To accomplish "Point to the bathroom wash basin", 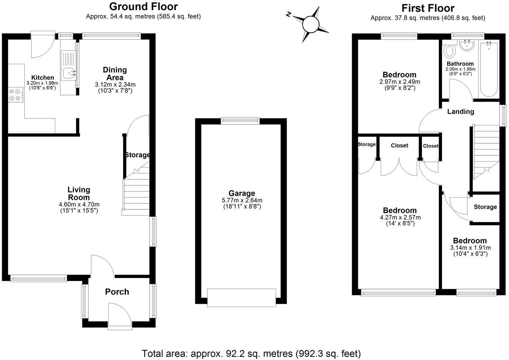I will coord(466,46).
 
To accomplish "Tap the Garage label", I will coord(242,193).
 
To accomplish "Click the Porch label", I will coord(117,292).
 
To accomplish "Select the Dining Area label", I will coord(114,73).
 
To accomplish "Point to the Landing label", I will coord(460,111).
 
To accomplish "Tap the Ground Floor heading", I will coord(143,7).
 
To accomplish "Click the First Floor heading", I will coord(428,8).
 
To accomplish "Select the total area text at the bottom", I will coord(251,353).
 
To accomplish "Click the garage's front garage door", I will coord(241,298).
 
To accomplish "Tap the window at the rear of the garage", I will coord(240,121).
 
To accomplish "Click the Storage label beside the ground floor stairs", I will coord(137,155).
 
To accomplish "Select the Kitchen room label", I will coord(42,77).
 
